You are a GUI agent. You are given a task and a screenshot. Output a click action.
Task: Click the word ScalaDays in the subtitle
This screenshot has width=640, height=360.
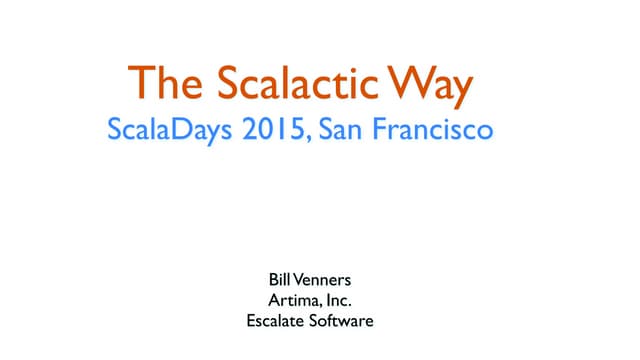[x=167, y=131]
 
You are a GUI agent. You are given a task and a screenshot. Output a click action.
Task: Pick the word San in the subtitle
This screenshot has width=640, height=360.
[x=339, y=130]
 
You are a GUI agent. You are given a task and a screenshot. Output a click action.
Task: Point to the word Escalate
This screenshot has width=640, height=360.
[x=275, y=322]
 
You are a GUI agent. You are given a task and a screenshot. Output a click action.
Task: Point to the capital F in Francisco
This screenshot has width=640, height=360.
[x=381, y=130]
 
